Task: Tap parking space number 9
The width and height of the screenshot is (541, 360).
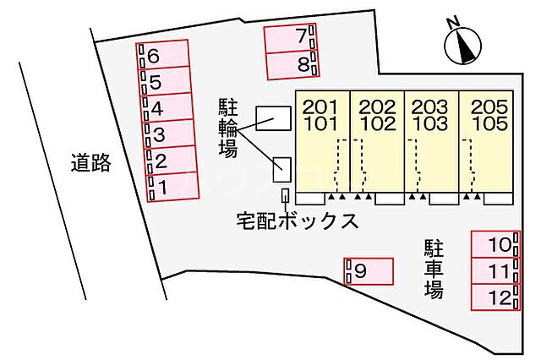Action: tap(369, 271)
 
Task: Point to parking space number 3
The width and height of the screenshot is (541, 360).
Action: tap(169, 134)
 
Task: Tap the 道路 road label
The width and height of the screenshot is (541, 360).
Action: tap(91, 163)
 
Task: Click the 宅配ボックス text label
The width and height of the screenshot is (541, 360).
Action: tap(298, 222)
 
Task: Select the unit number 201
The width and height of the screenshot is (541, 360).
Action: tap(319, 106)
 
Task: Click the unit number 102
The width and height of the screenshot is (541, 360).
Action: tap(376, 123)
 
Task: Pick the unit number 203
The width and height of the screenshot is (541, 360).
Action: tap(429, 106)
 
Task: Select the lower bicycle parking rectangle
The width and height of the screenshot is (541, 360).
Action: tap(281, 170)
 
